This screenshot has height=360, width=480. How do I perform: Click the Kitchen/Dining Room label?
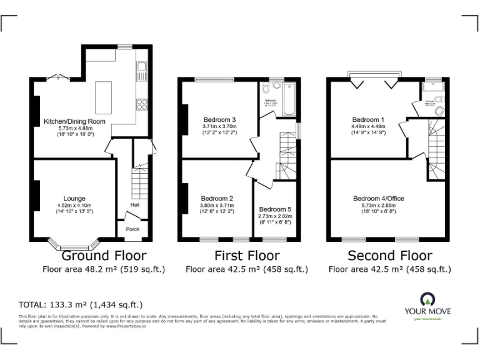click(x=74, y=121)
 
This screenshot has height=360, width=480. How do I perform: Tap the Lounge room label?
click(x=74, y=199)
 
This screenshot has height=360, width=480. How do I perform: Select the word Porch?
click(x=132, y=229)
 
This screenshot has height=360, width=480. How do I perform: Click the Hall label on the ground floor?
click(x=134, y=205)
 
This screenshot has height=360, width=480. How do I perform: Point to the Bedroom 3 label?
click(x=219, y=119)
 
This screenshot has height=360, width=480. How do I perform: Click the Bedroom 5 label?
click(x=274, y=209)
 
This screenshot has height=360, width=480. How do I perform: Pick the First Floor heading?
click(x=247, y=256)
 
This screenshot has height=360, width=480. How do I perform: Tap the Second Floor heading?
click(x=389, y=256)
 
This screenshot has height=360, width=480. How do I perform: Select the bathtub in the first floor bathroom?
click(x=289, y=102)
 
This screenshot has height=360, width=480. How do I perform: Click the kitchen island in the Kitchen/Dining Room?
click(x=103, y=97)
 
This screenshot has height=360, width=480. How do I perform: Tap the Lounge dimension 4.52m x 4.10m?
click(x=74, y=206)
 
